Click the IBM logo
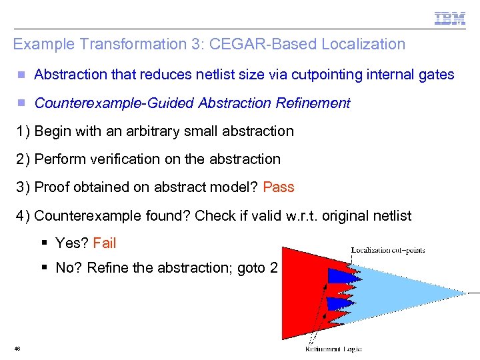450,19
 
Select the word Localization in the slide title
363,45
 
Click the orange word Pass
279,187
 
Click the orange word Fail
105,243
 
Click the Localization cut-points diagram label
388,251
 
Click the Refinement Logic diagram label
333,348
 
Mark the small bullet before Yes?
44,243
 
